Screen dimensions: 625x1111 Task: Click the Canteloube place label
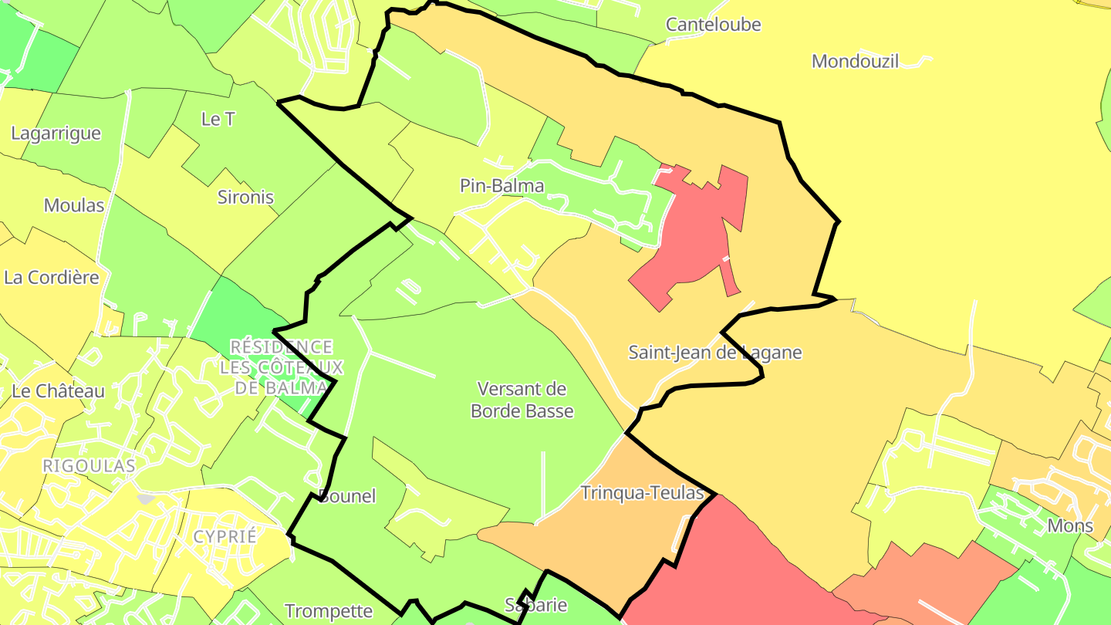click(x=713, y=25)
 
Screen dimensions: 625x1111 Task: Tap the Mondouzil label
click(x=856, y=62)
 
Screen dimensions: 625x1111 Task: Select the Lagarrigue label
click(x=56, y=133)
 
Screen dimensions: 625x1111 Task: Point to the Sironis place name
click(x=245, y=198)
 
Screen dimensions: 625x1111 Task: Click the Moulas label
click(x=74, y=205)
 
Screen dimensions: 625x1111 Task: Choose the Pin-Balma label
click(x=501, y=186)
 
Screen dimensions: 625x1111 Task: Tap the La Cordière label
click(x=52, y=278)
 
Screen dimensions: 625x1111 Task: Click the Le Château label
click(x=58, y=391)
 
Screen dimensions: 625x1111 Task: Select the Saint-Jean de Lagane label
click(x=715, y=353)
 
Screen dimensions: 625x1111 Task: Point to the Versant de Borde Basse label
click(x=522, y=400)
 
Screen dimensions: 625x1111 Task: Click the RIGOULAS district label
click(x=89, y=466)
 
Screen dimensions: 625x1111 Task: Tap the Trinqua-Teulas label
click(x=642, y=493)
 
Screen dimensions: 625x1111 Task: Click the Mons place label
click(x=1070, y=526)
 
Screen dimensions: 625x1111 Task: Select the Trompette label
click(x=329, y=611)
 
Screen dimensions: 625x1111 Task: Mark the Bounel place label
click(x=347, y=496)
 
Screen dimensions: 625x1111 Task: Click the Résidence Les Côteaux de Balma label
click(x=282, y=367)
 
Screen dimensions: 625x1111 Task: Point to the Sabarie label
click(x=536, y=604)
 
